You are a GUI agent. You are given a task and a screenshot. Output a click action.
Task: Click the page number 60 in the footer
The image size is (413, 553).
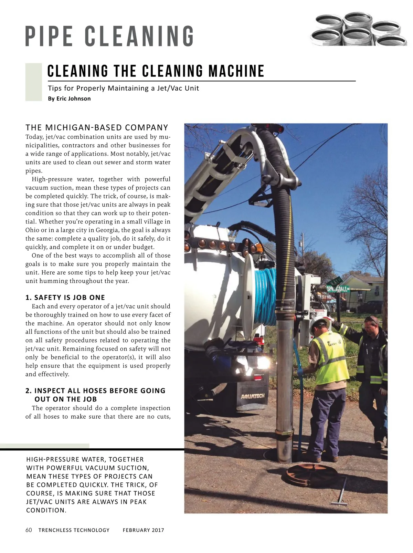29,530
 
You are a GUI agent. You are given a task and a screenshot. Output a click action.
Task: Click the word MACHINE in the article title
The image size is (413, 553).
236,71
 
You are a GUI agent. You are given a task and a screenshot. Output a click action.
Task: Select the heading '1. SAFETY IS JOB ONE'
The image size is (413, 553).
65,298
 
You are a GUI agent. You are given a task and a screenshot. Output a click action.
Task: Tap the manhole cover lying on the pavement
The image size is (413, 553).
311,475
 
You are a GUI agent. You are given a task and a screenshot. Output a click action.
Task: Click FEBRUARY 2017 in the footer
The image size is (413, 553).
143,530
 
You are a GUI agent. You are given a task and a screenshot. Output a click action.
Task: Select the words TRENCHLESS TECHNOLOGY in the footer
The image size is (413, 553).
74,530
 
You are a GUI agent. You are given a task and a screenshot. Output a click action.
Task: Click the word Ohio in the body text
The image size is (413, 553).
32,230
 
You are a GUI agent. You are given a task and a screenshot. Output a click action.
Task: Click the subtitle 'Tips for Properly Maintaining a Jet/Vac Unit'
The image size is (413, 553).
123,88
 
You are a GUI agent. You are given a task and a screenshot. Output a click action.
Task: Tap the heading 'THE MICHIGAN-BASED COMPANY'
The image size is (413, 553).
97,127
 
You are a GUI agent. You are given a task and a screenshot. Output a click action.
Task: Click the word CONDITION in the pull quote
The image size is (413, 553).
46,510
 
